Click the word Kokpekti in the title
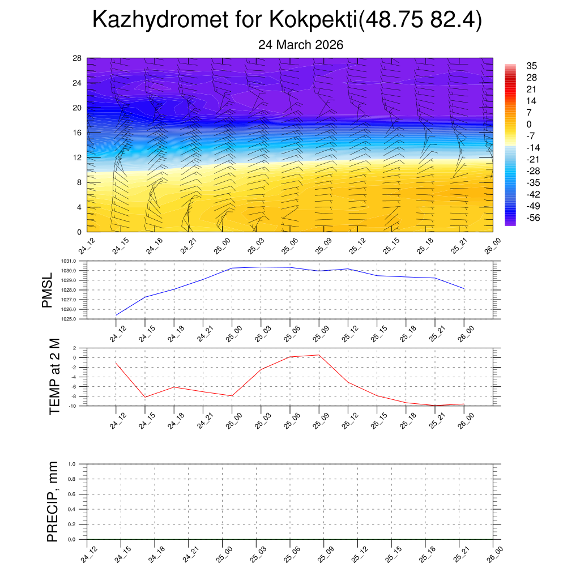313,20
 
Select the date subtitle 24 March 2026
301,45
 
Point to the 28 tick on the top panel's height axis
77,58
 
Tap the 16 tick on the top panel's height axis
77,133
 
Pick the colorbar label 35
531,66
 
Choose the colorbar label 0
529,124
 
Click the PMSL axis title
48,290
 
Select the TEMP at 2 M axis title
54,377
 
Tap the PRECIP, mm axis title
53,502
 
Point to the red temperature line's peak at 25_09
319,355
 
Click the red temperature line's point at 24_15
145,397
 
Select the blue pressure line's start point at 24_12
116,315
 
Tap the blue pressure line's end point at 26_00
464,289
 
